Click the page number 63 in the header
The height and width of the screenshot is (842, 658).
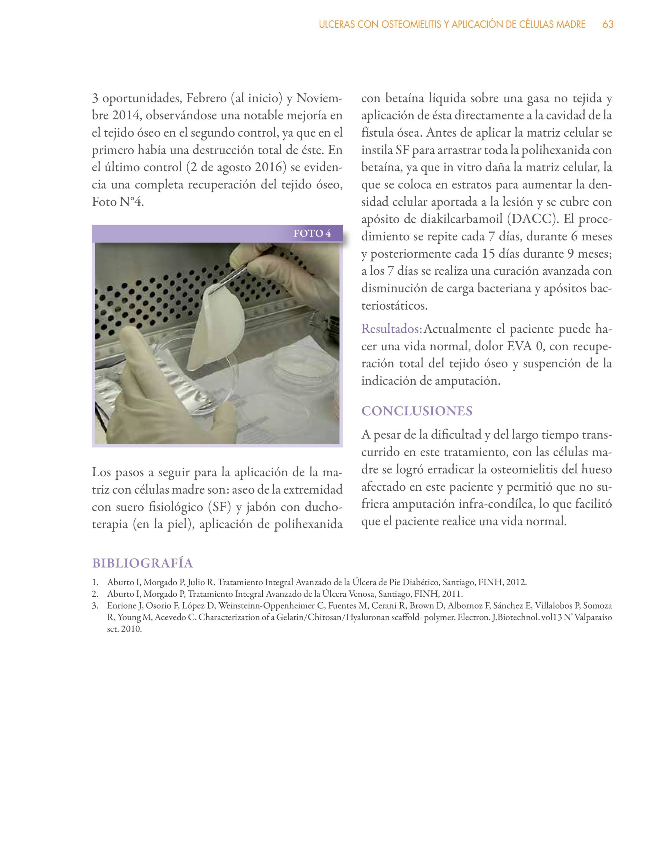(x=608, y=25)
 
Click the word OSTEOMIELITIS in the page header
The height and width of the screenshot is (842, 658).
(x=415, y=25)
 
